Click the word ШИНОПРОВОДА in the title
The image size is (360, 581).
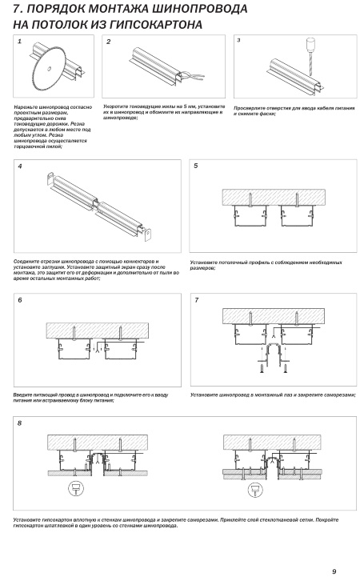click(x=202, y=9)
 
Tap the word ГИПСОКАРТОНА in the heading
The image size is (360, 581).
click(x=155, y=25)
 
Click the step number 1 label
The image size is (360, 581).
click(x=20, y=41)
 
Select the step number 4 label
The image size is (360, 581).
click(x=20, y=166)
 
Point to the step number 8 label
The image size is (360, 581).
click(x=20, y=423)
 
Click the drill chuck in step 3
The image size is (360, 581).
click(x=309, y=45)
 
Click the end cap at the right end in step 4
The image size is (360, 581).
click(x=149, y=234)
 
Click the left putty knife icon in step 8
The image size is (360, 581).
click(x=76, y=489)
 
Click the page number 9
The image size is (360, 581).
click(x=334, y=571)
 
